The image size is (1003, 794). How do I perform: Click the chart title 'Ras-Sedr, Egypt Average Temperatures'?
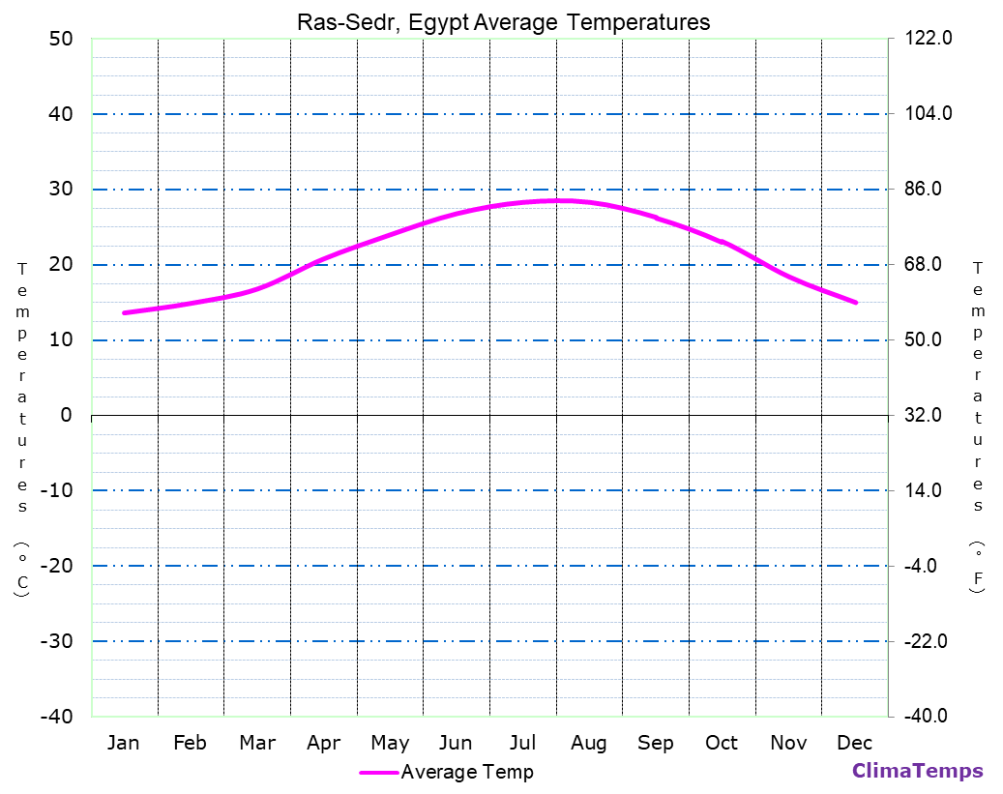[x=502, y=22]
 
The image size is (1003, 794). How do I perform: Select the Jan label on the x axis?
[x=123, y=743]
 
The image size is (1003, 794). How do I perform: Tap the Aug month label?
[x=588, y=743]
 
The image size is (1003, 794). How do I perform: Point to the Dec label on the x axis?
[x=854, y=743]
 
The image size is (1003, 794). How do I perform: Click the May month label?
[x=390, y=743]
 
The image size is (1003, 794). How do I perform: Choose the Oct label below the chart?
[x=722, y=743]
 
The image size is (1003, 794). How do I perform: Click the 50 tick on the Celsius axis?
[x=60, y=39]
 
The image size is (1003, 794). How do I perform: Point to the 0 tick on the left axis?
[x=66, y=415]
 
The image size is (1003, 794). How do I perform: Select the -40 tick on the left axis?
[x=54, y=717]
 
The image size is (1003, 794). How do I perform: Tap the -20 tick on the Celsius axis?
[x=54, y=566]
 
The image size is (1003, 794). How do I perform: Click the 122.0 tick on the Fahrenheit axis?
[x=929, y=39]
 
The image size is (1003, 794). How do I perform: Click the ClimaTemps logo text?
[x=917, y=771]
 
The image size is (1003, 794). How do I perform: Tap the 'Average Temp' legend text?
[x=467, y=772]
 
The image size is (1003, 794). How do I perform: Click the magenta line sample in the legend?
[x=378, y=772]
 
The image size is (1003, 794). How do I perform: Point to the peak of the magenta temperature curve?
[x=558, y=200]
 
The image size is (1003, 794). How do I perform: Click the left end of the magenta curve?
[x=124, y=312]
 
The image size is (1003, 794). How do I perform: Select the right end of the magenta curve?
[x=856, y=303]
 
